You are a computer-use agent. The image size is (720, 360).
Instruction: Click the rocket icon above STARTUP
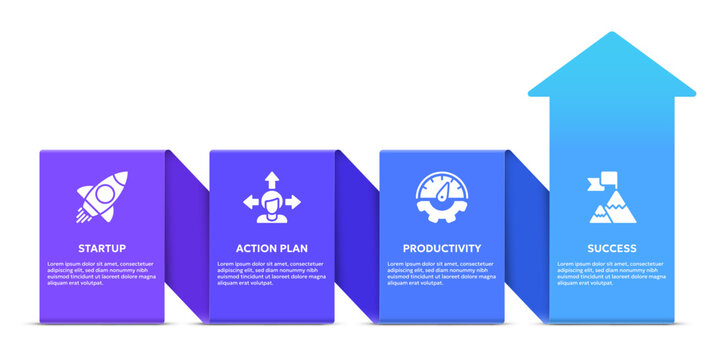(101, 196)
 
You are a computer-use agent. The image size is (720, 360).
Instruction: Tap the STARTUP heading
(102, 248)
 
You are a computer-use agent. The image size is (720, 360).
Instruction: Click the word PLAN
(294, 248)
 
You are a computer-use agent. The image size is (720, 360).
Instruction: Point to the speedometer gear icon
(441, 197)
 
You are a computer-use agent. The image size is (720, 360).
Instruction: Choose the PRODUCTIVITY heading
(442, 248)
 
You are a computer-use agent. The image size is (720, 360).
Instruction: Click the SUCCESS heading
(612, 248)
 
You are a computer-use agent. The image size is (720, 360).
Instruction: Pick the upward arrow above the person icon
(272, 180)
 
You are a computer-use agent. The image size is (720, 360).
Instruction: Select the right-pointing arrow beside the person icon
(294, 201)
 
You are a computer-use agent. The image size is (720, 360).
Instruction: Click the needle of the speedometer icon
(444, 188)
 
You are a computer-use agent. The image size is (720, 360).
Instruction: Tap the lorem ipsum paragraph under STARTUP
(102, 273)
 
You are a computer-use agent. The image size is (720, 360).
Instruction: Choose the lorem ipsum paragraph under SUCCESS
(612, 273)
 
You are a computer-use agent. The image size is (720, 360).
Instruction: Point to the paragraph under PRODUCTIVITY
(442, 273)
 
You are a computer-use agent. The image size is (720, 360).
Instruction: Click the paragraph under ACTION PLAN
(272, 273)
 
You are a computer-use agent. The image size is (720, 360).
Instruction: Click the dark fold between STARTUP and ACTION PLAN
(188, 235)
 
